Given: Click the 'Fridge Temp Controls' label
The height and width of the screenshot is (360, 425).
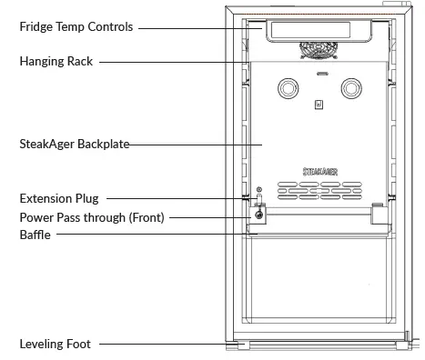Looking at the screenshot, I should point(76,27).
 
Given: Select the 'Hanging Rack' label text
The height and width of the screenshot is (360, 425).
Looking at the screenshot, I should point(56,62).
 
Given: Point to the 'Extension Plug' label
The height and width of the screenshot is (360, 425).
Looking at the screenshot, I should point(59,198).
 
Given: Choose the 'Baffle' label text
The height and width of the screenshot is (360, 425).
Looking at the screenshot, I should point(35,235).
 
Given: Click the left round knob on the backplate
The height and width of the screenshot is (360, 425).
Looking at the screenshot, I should point(288,88).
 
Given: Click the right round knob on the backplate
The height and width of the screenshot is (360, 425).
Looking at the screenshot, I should point(351,88).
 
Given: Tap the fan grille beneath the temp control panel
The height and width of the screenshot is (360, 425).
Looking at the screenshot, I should point(319,52).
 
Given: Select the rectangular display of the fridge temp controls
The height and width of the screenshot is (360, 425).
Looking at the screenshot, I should point(319,31).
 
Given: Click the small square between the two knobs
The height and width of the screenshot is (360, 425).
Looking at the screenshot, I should point(319,105).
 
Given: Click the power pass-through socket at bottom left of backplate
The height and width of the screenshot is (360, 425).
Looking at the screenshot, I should point(260,215).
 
